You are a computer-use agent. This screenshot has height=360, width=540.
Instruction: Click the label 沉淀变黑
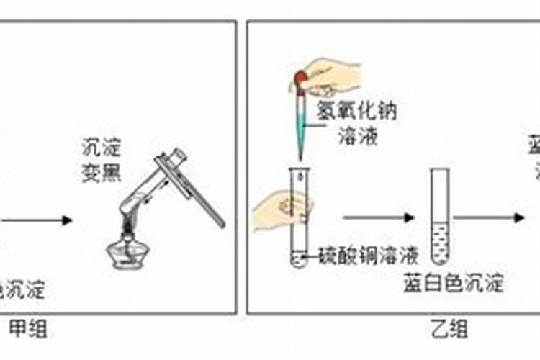[x=101, y=161]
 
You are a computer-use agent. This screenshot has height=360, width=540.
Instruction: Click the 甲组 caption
[x=29, y=329]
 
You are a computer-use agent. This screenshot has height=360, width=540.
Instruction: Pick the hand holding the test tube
[x=281, y=212]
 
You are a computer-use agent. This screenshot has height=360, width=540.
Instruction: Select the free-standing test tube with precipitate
[x=440, y=216]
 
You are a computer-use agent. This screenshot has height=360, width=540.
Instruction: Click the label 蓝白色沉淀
[x=453, y=283]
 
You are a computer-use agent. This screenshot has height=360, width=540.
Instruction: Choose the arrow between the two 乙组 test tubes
[x=379, y=217]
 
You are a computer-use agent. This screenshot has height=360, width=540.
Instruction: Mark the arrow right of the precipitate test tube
[x=490, y=217]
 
